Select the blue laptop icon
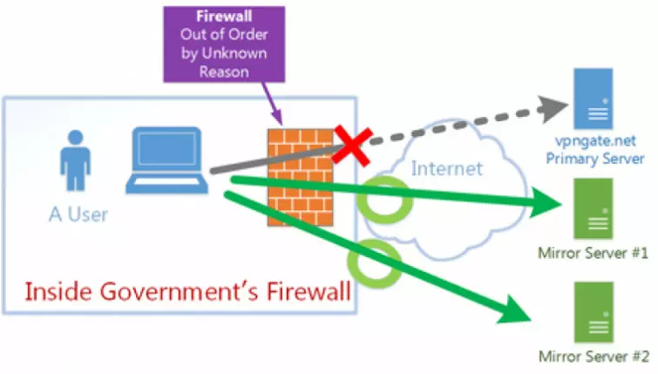pos(168,162)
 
